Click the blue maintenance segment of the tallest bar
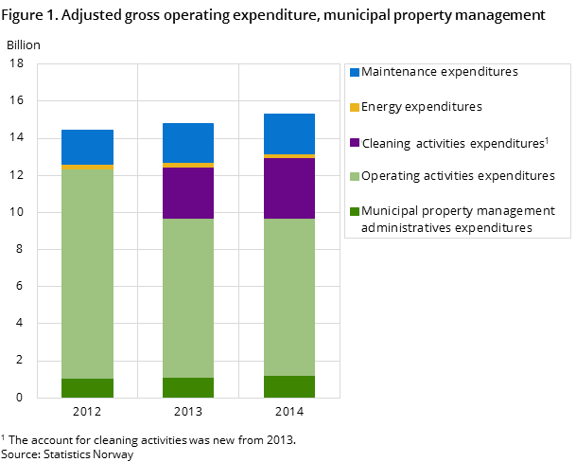[x=289, y=133]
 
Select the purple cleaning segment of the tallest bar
[x=289, y=188]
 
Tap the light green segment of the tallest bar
[x=289, y=297]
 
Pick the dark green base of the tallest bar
[x=289, y=386]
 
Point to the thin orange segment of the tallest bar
[x=289, y=156]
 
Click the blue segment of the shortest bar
[x=87, y=147]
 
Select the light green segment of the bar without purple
[x=87, y=274]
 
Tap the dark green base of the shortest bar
[x=87, y=388]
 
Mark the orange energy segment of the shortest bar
[x=87, y=167]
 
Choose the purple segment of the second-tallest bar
[x=188, y=193]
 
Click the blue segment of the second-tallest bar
[x=188, y=143]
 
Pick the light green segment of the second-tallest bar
[x=188, y=298]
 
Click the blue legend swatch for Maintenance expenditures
[x=355, y=72]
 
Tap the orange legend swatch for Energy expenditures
[x=355, y=107]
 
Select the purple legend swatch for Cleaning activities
[x=355, y=142]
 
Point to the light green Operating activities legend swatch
[x=355, y=176]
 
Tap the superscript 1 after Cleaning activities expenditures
[x=547, y=139]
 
